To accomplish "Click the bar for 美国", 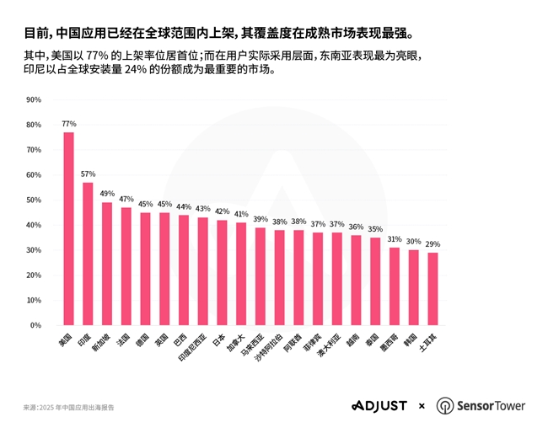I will tap(68, 228).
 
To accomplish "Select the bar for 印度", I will tap(88, 254).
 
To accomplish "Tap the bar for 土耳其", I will tap(432, 289).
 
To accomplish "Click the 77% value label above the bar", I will tap(68, 124).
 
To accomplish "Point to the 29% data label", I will tap(432, 244).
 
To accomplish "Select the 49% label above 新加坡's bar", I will tap(107, 194).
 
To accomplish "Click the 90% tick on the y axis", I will tap(34, 99).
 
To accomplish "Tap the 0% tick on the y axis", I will tap(35, 325).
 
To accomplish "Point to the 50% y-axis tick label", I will tap(34, 200).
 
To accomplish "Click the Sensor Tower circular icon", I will tap(444, 406).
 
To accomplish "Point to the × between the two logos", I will tap(421, 406).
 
